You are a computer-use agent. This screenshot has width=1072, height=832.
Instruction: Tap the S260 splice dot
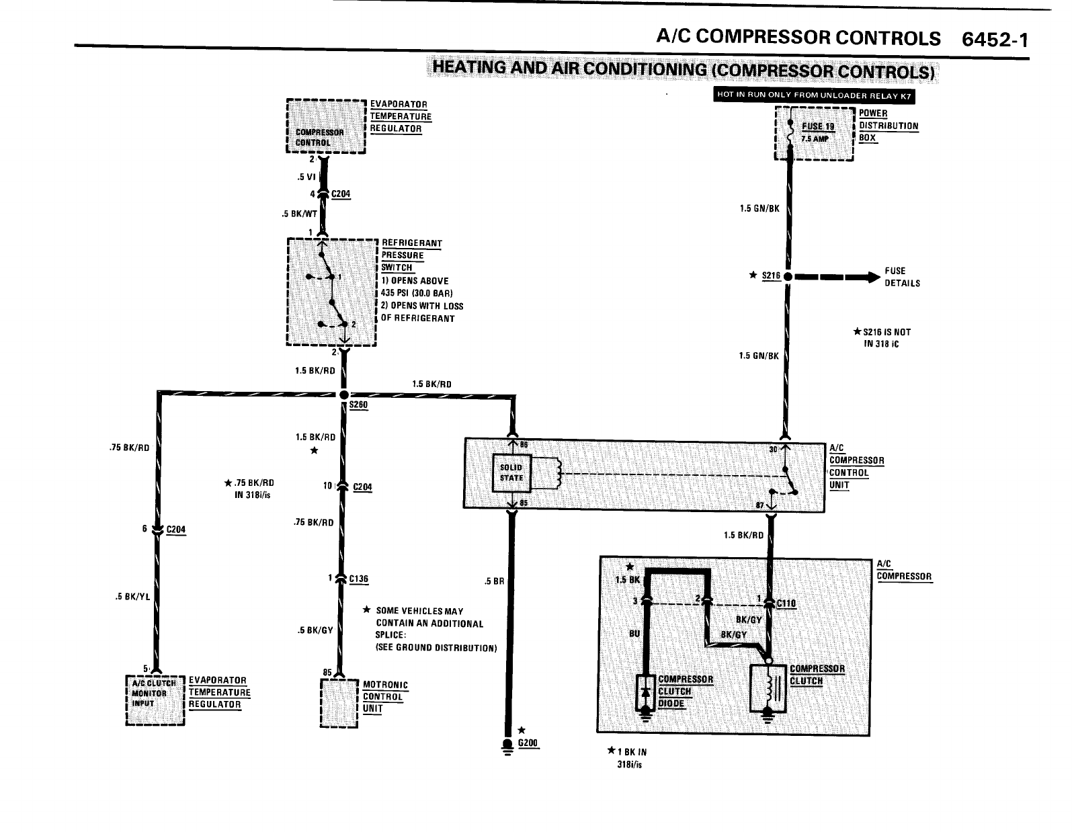343,394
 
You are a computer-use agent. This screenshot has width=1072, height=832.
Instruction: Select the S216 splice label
771,276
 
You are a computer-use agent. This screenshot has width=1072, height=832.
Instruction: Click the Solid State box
511,472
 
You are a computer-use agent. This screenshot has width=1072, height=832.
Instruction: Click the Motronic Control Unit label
385,696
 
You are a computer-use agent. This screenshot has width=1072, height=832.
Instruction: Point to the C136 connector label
359,579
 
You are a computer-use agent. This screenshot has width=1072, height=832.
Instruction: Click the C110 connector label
786,603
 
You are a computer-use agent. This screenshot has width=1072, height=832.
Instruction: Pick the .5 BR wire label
494,581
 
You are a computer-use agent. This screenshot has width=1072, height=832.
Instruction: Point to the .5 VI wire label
306,177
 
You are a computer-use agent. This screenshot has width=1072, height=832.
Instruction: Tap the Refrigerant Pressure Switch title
412,255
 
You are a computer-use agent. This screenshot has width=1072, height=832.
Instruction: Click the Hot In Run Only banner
813,95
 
